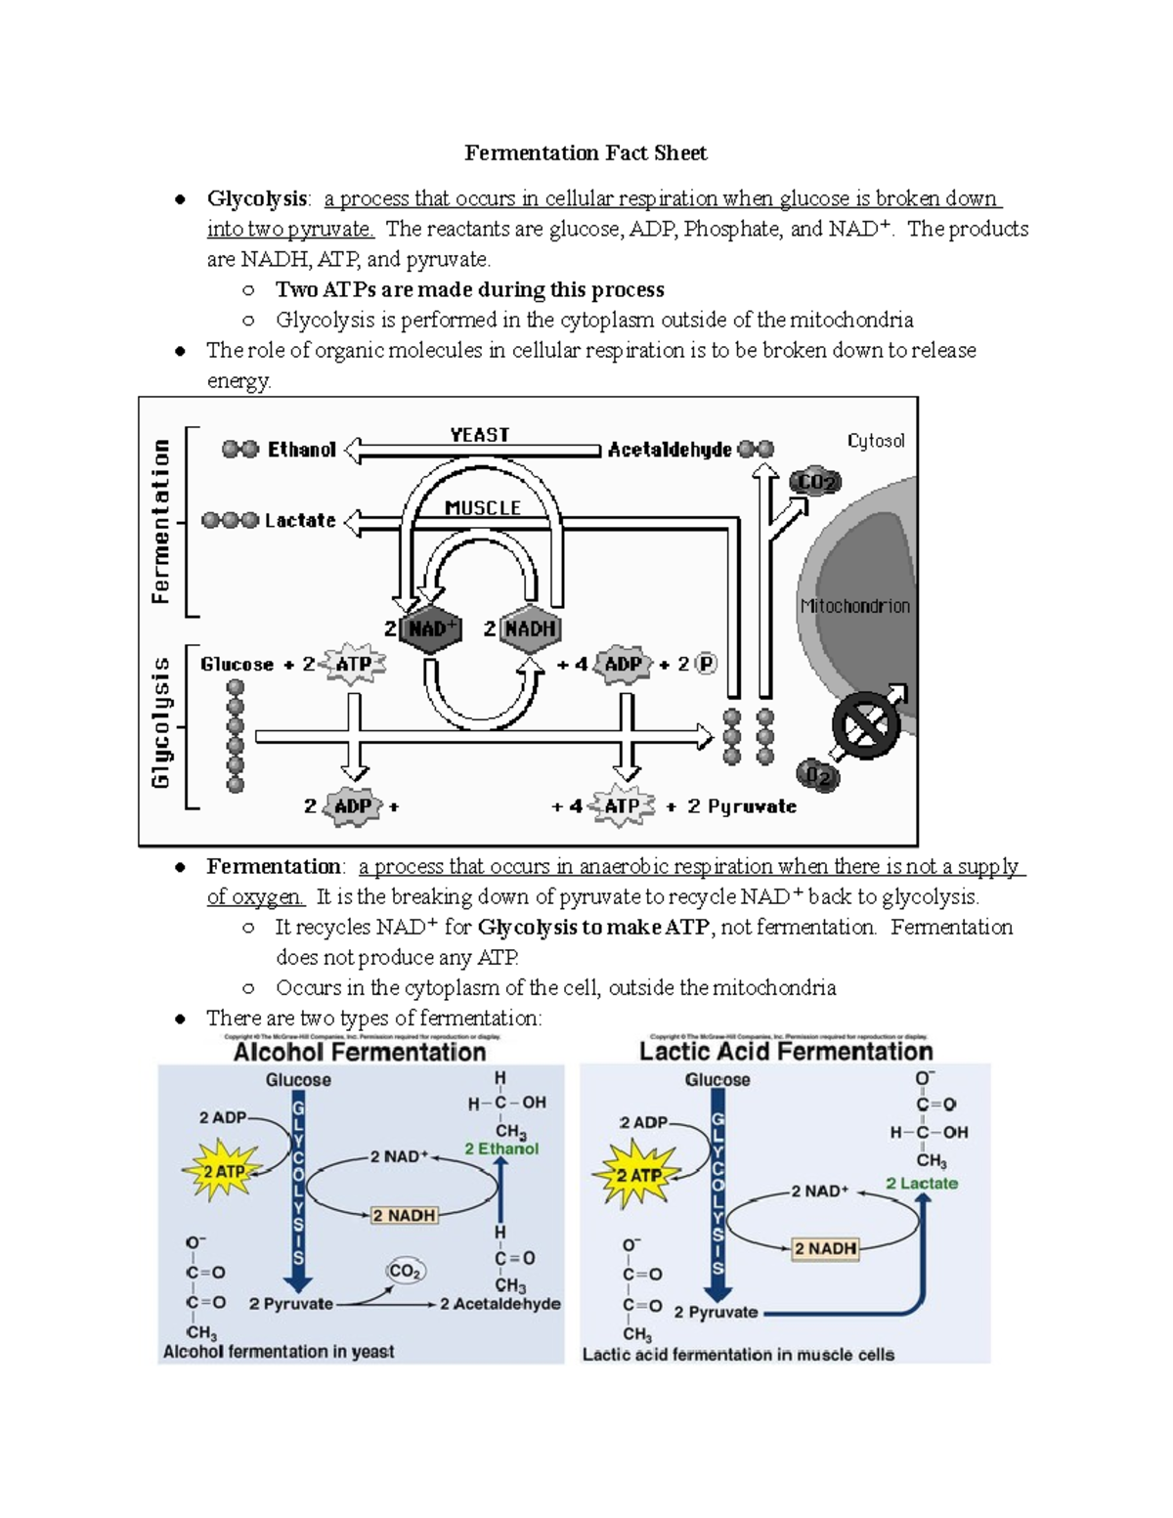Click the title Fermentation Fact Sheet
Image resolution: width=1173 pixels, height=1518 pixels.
coord(586,153)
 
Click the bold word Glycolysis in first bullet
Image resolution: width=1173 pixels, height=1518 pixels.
coord(256,198)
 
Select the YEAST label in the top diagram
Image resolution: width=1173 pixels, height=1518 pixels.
coord(479,435)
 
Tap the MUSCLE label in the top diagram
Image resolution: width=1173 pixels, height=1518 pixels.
coord(483,508)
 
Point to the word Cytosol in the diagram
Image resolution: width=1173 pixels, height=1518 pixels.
coord(876,441)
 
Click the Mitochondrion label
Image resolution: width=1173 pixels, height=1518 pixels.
coord(855,606)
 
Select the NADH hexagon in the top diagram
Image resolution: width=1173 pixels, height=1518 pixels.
coord(531,629)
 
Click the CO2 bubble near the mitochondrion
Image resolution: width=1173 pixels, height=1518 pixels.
coord(816,482)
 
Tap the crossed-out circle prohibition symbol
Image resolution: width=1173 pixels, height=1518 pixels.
coord(866,725)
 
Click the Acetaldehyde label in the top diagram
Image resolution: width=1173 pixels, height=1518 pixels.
coord(670,450)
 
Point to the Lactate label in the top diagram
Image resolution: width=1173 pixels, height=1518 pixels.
coord(300,521)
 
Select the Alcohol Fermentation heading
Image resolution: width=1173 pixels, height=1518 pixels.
coord(360,1053)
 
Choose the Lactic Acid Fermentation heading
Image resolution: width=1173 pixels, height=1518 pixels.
coord(786,1052)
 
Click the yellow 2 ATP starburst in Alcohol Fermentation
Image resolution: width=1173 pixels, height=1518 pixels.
coord(224,1171)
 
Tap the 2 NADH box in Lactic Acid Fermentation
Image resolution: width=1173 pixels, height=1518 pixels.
coord(825,1248)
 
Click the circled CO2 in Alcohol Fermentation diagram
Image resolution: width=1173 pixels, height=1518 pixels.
coord(405,1271)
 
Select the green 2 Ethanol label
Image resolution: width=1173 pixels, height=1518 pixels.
coord(501,1149)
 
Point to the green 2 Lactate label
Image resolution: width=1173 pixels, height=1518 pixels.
coord(922,1184)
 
